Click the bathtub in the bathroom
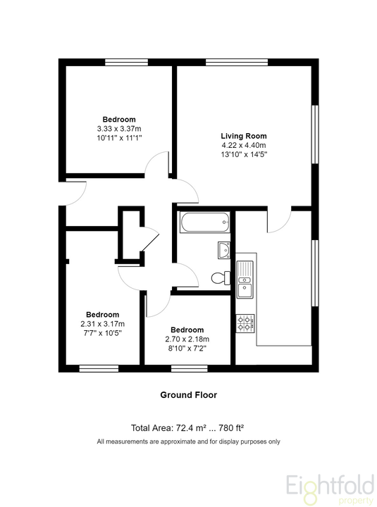[205, 222]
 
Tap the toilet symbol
[221, 277]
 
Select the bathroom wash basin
[224, 250]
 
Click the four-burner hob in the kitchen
[245, 323]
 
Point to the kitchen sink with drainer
[245, 280]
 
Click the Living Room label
[244, 136]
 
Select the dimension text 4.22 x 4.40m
[244, 145]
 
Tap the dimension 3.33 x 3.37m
[119, 129]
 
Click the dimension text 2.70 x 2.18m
[187, 339]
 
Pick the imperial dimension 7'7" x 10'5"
[103, 333]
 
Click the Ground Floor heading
[189, 395]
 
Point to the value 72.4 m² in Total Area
[191, 428]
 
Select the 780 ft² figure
[231, 428]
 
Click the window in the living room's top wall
[237, 62]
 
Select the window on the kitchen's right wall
[315, 273]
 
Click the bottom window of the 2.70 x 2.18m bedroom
[190, 368]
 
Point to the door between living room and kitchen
[280, 221]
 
